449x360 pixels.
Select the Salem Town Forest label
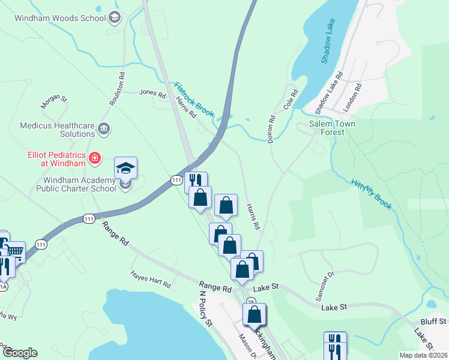327,128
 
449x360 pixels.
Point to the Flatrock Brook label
194,100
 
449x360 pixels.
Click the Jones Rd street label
152,94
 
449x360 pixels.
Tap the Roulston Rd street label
117,90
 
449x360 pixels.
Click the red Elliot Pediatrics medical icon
94,158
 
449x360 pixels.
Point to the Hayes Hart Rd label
151,278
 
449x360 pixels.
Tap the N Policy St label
206,310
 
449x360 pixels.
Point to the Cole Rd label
291,103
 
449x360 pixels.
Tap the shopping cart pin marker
17,252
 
